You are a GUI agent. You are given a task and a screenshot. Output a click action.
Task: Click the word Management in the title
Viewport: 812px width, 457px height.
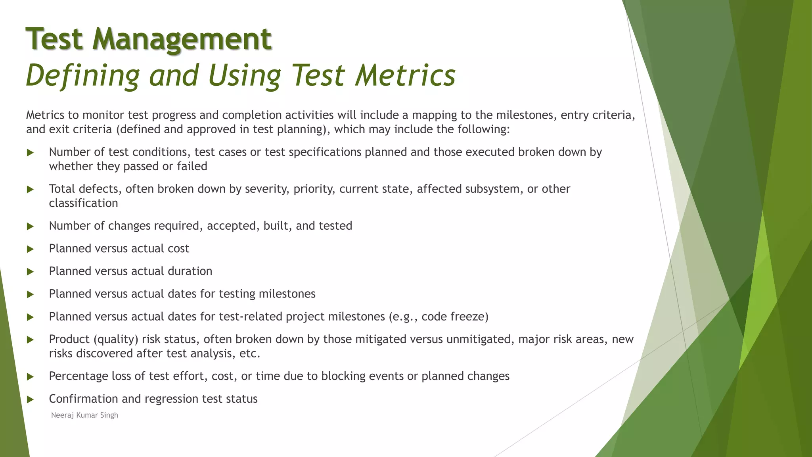pos(182,39)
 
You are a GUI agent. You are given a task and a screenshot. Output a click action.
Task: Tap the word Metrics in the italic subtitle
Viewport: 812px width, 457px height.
pos(405,75)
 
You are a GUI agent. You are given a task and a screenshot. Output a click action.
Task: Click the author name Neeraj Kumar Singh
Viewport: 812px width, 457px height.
pos(84,415)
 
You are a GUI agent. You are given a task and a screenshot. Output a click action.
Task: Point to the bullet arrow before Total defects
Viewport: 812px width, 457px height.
pos(30,190)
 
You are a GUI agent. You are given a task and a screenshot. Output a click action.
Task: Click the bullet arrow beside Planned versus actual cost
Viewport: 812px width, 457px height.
pos(30,249)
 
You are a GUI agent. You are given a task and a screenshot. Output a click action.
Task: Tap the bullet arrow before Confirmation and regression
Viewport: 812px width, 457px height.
pos(30,399)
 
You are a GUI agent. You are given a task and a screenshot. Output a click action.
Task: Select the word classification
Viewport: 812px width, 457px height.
pos(84,203)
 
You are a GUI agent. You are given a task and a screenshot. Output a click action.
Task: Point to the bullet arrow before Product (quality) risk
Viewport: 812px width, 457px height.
pos(30,340)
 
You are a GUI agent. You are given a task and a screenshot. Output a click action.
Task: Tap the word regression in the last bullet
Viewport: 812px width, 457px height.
pos(171,399)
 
